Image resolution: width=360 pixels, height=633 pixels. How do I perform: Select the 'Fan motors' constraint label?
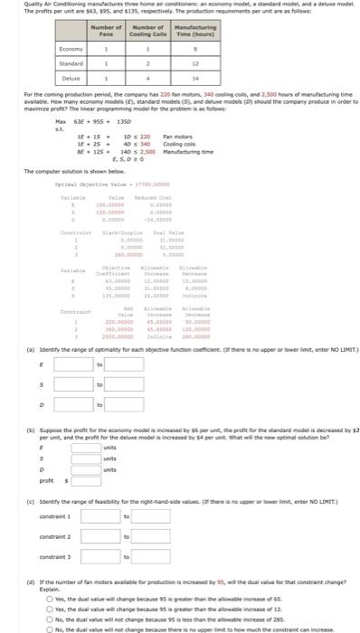tap(175, 135)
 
